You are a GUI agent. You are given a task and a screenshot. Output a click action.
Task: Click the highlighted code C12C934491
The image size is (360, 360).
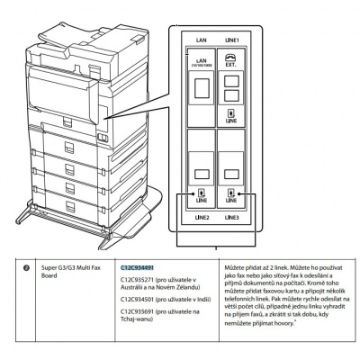pyautogui.click(x=138, y=268)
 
